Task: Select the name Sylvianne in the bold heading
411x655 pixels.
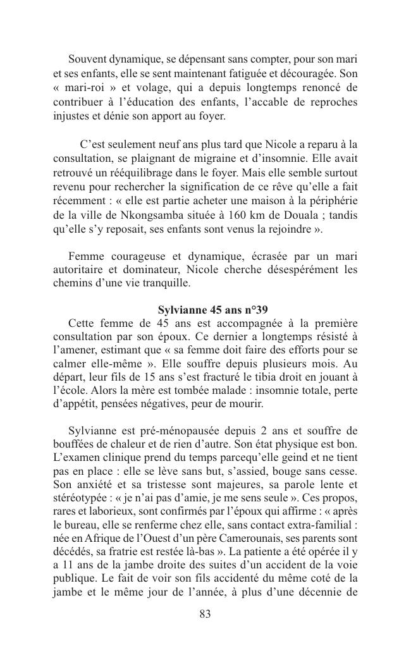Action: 181,310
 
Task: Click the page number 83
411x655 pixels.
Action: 205,614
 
